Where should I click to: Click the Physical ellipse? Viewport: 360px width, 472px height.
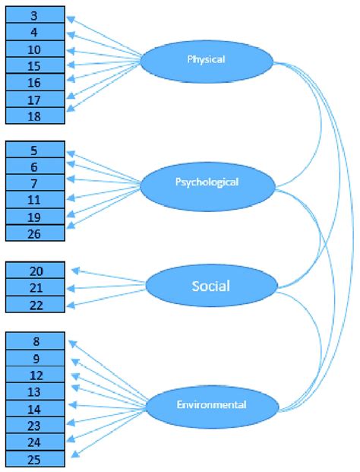point(207,58)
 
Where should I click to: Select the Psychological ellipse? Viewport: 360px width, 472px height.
point(207,182)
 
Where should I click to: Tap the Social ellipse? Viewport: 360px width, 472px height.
point(210,287)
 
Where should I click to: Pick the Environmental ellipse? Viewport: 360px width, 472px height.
point(210,405)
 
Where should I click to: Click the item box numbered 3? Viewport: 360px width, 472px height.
point(36,15)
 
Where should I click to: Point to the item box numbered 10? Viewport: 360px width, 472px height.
point(36,49)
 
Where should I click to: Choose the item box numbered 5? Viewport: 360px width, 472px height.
point(36,150)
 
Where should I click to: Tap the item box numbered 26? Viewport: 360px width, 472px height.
point(36,233)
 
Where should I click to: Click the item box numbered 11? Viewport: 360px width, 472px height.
point(36,200)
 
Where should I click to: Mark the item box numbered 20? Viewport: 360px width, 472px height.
point(36,271)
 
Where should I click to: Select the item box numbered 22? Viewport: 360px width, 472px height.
point(36,304)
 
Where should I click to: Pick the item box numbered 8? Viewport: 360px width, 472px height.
point(36,341)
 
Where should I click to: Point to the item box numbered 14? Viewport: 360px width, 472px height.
point(36,407)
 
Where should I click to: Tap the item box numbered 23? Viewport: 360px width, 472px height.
point(36,424)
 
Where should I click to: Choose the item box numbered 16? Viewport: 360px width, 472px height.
point(36,82)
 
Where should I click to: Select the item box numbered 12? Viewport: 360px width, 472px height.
point(36,374)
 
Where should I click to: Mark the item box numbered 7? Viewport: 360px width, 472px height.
point(36,183)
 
